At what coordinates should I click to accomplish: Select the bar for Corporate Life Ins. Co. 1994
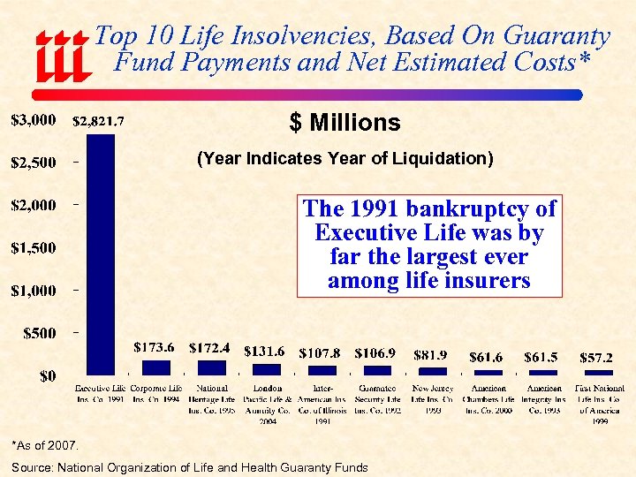(x=156, y=367)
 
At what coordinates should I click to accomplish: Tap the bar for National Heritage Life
(x=211, y=367)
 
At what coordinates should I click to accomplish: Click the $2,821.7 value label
(x=98, y=122)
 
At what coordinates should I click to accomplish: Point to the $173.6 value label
(x=154, y=347)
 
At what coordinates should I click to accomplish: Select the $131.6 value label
(x=265, y=352)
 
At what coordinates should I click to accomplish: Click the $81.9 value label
(x=433, y=354)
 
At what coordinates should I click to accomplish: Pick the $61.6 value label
(x=487, y=357)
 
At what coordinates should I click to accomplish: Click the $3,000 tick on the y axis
(x=34, y=118)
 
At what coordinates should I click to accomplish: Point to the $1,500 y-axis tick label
(x=34, y=247)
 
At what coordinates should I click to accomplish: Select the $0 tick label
(x=49, y=376)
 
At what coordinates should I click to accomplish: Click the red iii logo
(x=62, y=55)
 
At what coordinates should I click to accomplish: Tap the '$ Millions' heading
(x=344, y=123)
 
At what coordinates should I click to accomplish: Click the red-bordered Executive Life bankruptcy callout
(x=428, y=245)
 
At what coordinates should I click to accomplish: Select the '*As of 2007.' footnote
(x=46, y=444)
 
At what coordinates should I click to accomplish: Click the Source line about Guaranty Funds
(x=190, y=466)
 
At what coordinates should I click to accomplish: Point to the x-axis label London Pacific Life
(x=267, y=405)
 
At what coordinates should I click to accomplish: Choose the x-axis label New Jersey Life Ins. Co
(x=433, y=399)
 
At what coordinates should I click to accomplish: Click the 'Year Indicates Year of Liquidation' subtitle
(x=344, y=159)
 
